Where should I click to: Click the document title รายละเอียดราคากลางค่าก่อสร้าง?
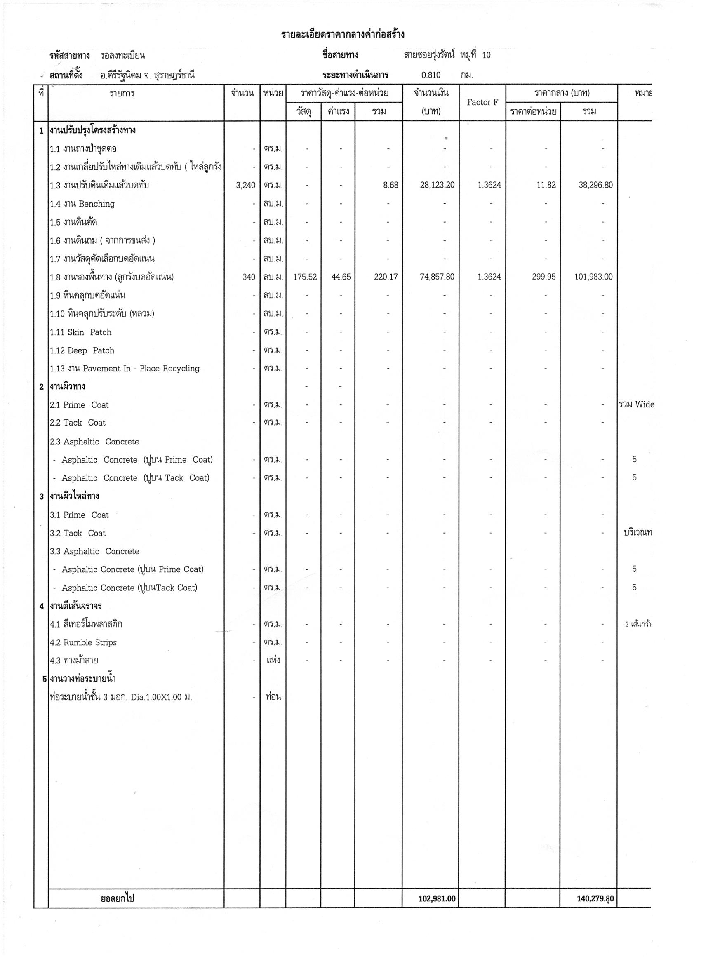pyautogui.click(x=342, y=34)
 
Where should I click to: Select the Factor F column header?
pyautogui.click(x=482, y=102)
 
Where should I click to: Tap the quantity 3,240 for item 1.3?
pyautogui.click(x=246, y=185)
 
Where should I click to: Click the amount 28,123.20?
pyautogui.click(x=437, y=185)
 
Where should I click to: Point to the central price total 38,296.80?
pyautogui.click(x=595, y=185)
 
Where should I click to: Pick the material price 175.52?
pyautogui.click(x=305, y=277)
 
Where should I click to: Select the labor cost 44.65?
pyautogui.click(x=341, y=277)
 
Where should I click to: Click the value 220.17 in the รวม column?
pyautogui.click(x=386, y=277)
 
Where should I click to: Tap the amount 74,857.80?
pyautogui.click(x=437, y=277)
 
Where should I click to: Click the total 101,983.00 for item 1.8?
pyautogui.click(x=593, y=277)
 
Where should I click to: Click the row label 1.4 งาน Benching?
pyautogui.click(x=82, y=204)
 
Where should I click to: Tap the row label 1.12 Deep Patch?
pyautogui.click(x=82, y=350)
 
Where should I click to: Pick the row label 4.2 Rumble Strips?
pyautogui.click(x=83, y=643)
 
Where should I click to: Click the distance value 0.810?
pyautogui.click(x=430, y=75)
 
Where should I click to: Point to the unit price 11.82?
pyautogui.click(x=546, y=185)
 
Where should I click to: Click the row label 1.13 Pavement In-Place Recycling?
pyautogui.click(x=125, y=369)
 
